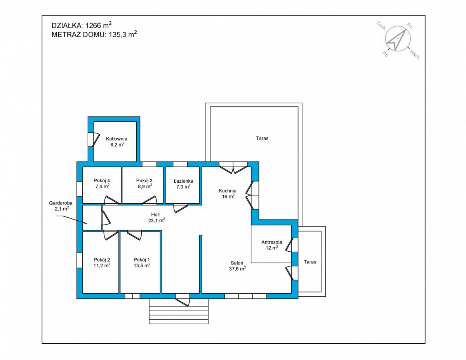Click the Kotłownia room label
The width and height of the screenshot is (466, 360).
116,139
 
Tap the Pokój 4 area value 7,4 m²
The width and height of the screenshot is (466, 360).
102,186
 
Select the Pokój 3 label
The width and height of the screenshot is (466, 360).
144,180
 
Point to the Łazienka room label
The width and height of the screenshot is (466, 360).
183,181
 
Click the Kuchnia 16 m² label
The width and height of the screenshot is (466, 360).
228,193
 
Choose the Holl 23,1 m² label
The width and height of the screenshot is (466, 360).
156,217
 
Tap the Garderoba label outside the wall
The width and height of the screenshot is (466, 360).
61,203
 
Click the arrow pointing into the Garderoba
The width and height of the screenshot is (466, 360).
72,220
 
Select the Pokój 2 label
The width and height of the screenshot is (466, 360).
102,260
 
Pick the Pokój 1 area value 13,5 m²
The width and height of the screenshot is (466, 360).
142,265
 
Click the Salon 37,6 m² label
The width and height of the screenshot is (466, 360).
237,266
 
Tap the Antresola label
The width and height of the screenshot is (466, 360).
271,242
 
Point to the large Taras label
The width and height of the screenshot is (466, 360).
262,138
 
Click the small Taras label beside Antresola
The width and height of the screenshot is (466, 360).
310,262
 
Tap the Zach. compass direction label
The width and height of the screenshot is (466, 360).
381,26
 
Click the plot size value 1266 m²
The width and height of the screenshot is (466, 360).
98,25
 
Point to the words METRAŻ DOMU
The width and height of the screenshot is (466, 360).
78,34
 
